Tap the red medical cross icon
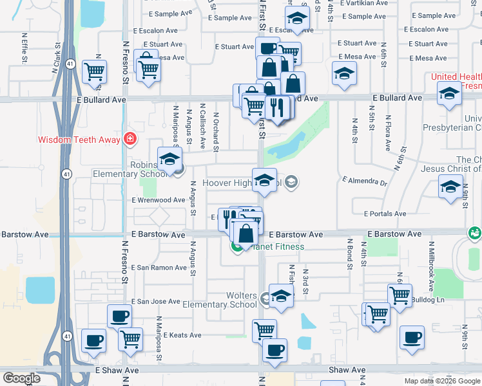[x=130, y=138]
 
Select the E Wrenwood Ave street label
[x=159, y=201]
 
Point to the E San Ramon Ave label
[x=159, y=268]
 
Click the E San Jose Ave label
[x=156, y=301]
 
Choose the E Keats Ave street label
[x=182, y=335]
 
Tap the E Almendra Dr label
[x=365, y=182]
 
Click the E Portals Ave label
[x=385, y=214]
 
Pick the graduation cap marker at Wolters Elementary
[x=281, y=295]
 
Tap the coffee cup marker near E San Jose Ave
[x=119, y=316]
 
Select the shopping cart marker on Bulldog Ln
[x=400, y=295]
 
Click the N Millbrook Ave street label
[x=430, y=263]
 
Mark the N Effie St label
[x=24, y=51]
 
